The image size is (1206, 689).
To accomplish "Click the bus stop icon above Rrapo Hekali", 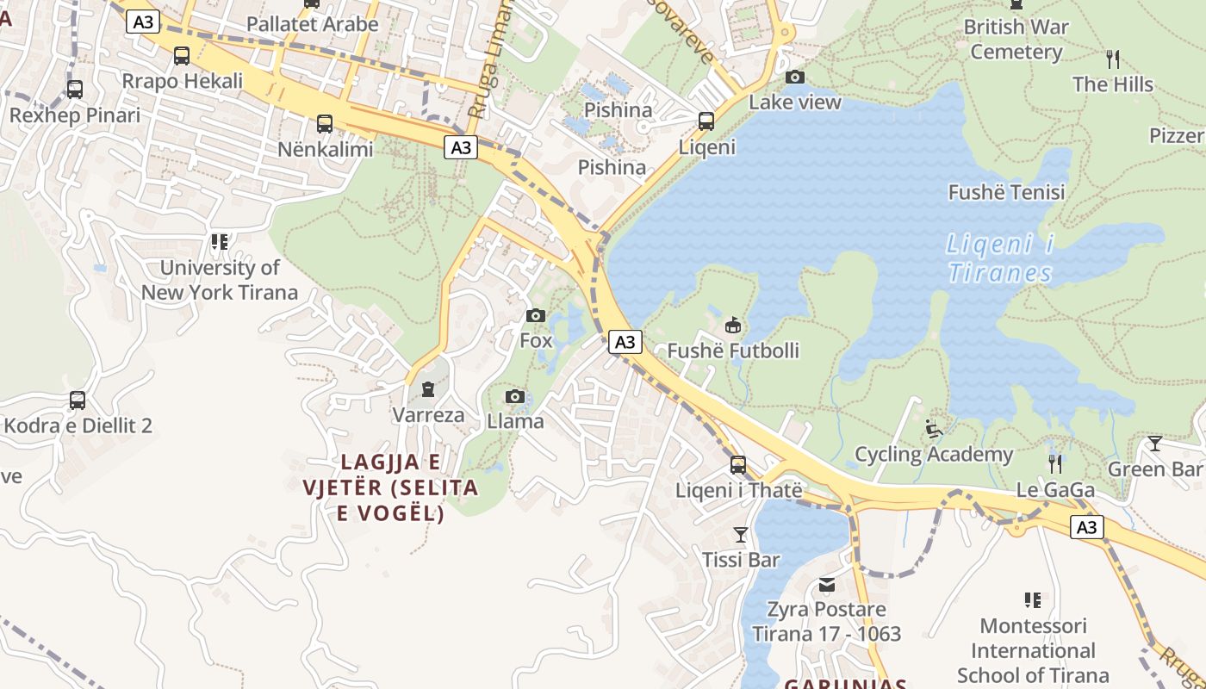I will (182, 56).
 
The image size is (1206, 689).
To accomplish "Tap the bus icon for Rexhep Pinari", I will (75, 90).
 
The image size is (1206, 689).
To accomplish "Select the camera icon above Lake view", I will (795, 78).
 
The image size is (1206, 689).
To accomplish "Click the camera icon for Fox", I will (536, 316).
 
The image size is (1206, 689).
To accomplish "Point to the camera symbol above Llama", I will (515, 396).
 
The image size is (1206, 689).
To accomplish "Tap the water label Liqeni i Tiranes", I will (1000, 258).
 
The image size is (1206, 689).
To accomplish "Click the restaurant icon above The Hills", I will (1113, 59).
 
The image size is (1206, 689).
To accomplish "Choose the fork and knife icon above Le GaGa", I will (1055, 464).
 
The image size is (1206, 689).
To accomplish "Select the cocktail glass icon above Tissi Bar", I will (740, 535).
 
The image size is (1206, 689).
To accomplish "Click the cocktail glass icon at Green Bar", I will (1155, 444).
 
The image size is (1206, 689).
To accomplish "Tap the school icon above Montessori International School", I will (1033, 600).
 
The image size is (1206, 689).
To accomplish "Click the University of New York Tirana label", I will (220, 280).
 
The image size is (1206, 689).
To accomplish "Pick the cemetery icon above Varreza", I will (428, 390).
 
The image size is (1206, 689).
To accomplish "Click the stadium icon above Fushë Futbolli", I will (732, 326).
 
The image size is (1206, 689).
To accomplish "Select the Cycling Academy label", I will (934, 455).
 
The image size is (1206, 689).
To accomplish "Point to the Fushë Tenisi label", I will (1006, 192).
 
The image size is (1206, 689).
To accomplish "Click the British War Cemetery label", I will (1016, 40).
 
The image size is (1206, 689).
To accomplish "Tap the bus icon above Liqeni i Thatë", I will (738, 465).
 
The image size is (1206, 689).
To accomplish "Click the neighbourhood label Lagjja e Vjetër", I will (389, 487).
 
